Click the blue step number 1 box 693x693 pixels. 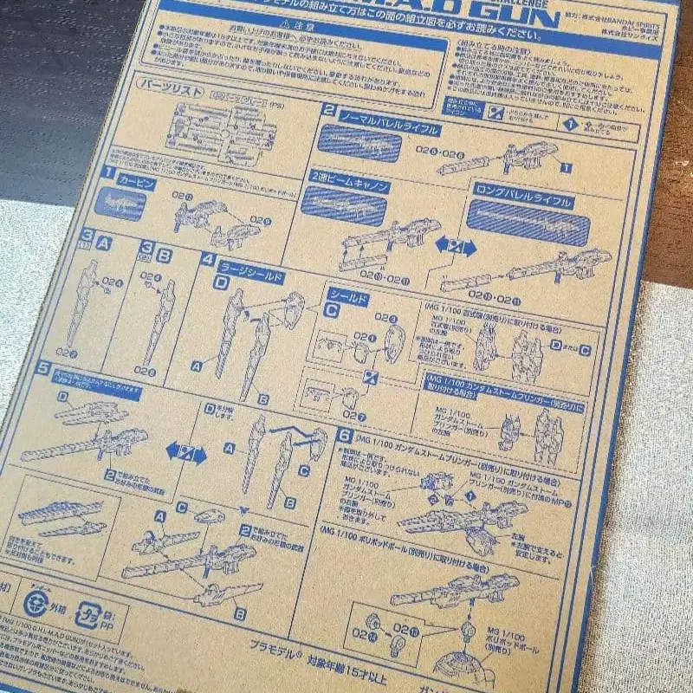click(x=108, y=172)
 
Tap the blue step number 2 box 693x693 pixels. click(x=329, y=110)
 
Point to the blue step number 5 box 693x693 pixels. click(x=43, y=366)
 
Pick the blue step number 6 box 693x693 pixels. click(x=345, y=436)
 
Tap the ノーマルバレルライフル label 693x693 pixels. click(x=390, y=131)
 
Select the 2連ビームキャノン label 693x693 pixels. click(x=347, y=186)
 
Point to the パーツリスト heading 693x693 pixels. click(x=169, y=88)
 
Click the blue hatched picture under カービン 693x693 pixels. click(x=120, y=204)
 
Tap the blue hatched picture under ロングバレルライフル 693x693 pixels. click(x=528, y=226)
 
